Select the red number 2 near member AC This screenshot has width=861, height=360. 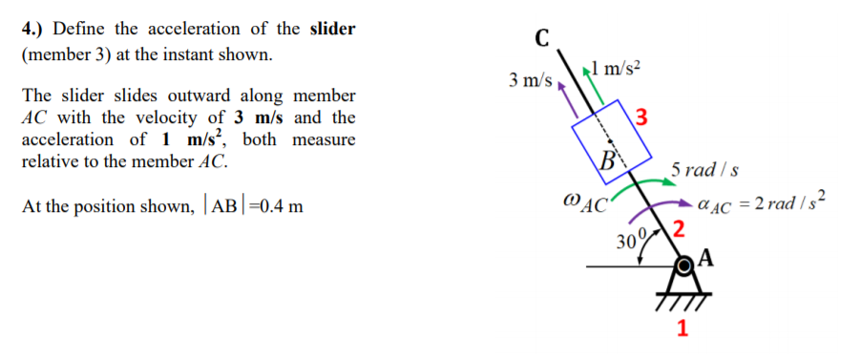678,228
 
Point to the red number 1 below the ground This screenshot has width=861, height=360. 682,330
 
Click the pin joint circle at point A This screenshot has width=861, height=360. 683,264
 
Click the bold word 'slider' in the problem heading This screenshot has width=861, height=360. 332,29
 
